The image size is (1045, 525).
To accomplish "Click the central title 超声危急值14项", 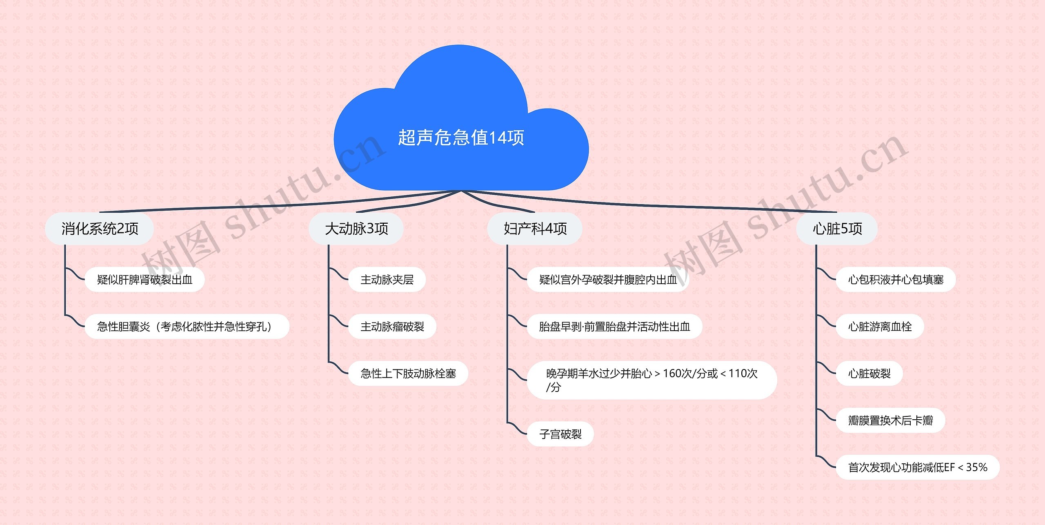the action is [461, 138].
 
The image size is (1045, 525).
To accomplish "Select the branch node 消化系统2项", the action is [100, 229].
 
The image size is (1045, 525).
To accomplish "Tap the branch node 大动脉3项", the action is [356, 229].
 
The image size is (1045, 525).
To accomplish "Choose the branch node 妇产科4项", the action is [535, 229].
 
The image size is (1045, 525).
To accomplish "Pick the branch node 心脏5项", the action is [837, 229].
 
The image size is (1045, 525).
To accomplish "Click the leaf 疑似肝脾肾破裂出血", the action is [145, 280].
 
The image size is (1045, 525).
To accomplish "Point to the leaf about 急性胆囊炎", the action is [187, 327].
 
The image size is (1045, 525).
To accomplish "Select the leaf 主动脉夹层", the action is [387, 280].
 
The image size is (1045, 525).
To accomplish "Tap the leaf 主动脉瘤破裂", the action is [392, 327].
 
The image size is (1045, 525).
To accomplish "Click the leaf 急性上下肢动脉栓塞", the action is [408, 374].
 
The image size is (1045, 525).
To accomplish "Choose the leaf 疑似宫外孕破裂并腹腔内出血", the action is [608, 280].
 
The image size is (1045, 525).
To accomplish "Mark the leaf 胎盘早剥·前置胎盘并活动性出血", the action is [615, 327].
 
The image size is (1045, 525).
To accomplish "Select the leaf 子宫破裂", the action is [560, 434].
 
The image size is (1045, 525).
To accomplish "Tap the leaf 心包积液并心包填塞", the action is [896, 280].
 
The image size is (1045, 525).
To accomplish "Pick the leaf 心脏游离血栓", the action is [880, 327].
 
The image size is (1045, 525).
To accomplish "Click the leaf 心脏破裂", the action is [869, 374].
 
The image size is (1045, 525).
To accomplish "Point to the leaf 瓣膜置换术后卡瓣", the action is [891, 420].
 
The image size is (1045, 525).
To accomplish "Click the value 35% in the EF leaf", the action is [976, 467].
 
